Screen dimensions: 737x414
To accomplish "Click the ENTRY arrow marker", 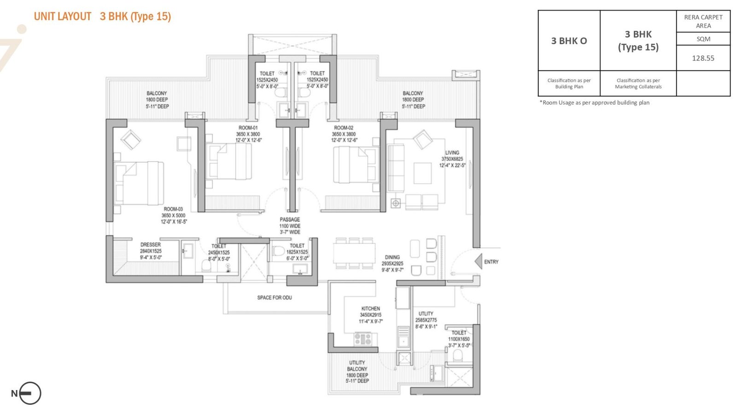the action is (479, 262).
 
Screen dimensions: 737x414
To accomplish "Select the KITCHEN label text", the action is (370, 309).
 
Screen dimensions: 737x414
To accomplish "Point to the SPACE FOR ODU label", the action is (275, 297).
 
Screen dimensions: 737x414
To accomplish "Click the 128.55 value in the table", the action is (703, 58).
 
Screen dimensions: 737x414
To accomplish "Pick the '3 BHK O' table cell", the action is (569, 41).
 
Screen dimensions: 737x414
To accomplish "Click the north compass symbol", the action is (29, 393).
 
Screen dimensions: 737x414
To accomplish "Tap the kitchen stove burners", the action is (363, 339).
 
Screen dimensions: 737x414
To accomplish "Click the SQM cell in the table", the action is (703, 39).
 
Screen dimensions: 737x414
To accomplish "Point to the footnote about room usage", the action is (595, 103).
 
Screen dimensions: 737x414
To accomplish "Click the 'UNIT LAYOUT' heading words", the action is (63, 17).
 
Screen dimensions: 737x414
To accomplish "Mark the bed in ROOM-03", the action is (139, 183).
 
